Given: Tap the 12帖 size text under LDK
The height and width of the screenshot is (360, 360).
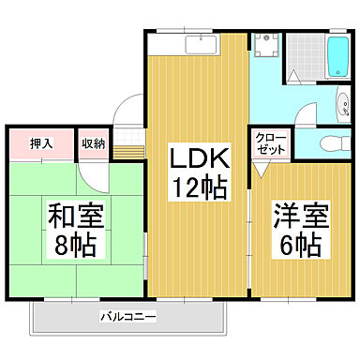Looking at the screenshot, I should (x=198, y=187).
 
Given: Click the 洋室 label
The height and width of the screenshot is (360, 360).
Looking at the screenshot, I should (x=295, y=215).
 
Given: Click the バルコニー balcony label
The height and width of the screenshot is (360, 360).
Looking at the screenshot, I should (x=129, y=317).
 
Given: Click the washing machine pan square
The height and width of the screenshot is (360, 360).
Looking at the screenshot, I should (x=266, y=47).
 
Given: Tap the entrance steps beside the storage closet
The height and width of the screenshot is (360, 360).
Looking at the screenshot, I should (x=134, y=144).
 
